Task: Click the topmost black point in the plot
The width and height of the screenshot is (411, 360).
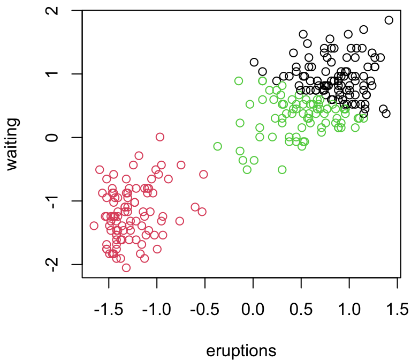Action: [x=389, y=20]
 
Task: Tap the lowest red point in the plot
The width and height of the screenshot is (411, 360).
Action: [x=126, y=268]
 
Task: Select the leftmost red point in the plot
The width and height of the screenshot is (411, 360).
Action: [x=94, y=226]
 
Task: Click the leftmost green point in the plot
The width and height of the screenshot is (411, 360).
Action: [x=218, y=146]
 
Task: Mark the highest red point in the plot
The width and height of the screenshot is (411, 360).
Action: [x=160, y=137]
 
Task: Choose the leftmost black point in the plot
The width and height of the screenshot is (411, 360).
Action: [x=254, y=62]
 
